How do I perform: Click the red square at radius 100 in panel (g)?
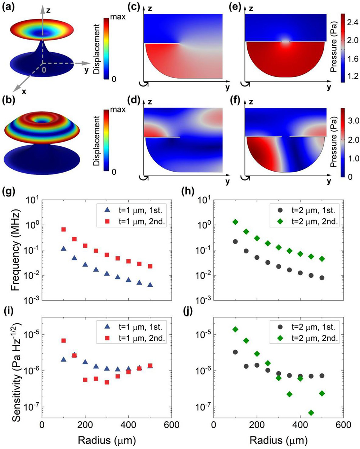click(x=64, y=229)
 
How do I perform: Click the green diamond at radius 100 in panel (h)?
click(x=235, y=222)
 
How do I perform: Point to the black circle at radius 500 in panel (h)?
click(x=322, y=278)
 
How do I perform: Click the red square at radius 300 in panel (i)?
click(x=107, y=382)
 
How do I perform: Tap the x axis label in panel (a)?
click(x=24, y=91)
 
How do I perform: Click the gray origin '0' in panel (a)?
click(x=44, y=68)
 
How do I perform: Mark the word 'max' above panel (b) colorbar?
click(x=118, y=109)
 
